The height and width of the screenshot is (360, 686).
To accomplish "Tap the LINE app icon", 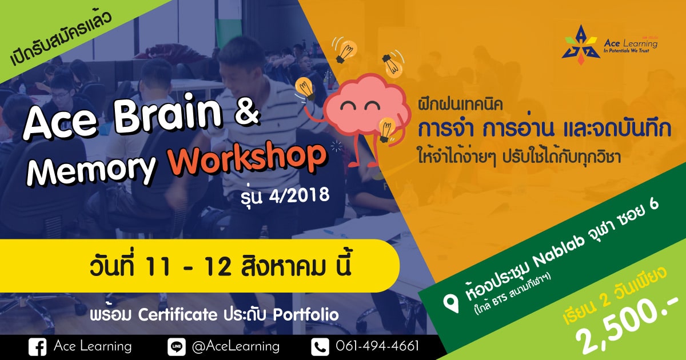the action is [x=177, y=347].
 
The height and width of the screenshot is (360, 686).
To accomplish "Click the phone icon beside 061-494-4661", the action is [x=320, y=347].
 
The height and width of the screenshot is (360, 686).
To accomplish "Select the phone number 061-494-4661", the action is [x=377, y=346].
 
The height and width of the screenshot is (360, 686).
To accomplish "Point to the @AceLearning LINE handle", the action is [x=236, y=346].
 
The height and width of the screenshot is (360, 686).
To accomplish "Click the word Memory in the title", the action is [x=92, y=170].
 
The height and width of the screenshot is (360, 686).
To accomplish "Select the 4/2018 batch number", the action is [x=299, y=195].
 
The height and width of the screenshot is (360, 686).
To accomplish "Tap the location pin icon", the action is [x=451, y=302].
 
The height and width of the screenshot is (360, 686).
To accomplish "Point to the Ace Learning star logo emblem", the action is [x=580, y=45].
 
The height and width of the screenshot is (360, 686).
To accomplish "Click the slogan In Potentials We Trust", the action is [x=627, y=51].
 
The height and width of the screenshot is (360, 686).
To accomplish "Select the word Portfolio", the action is [x=306, y=314].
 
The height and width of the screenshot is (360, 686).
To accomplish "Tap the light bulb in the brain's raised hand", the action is [x=304, y=88].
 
